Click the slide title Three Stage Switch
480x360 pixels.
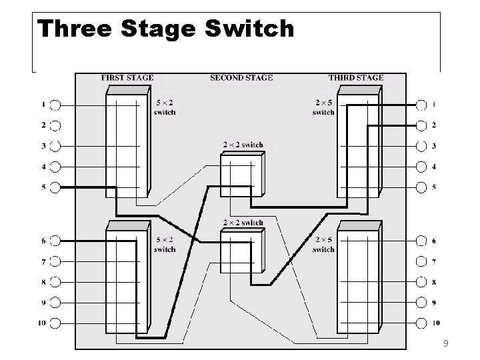pyautogui.click(x=165, y=29)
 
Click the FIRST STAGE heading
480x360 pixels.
pyautogui.click(x=127, y=77)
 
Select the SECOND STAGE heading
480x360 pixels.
pyautogui.click(x=241, y=77)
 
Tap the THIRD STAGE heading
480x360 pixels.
pyautogui.click(x=356, y=77)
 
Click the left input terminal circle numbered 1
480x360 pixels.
pyautogui.click(x=56, y=105)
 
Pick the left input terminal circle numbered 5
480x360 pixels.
pyautogui.click(x=56, y=187)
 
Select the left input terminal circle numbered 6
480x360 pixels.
pyautogui.click(x=56, y=241)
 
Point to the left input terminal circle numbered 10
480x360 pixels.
pyautogui.click(x=56, y=323)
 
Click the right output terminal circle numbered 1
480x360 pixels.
pyautogui.click(x=421, y=105)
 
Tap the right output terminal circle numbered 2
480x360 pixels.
pyautogui.click(x=421, y=125)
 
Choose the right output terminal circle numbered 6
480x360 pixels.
pyautogui.click(x=421, y=241)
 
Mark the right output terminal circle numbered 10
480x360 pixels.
pyautogui.click(x=421, y=323)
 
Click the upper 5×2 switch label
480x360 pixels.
pyautogui.click(x=165, y=108)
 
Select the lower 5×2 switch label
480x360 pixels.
pyautogui.click(x=165, y=245)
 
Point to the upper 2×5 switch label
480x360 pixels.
pyautogui.click(x=323, y=108)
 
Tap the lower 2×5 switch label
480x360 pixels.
pyautogui.click(x=323, y=245)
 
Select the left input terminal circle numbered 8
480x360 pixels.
pyautogui.click(x=56, y=282)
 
